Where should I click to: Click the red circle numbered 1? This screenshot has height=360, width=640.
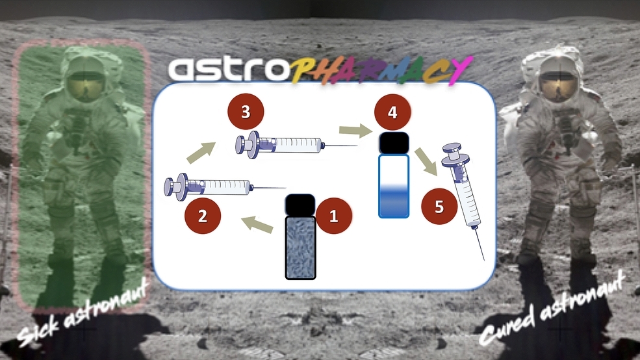[333, 216]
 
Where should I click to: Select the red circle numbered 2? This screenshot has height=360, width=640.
[203, 216]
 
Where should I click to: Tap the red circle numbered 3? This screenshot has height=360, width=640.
[246, 111]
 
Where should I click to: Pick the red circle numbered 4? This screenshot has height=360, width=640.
[392, 112]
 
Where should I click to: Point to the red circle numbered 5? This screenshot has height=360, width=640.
[439, 206]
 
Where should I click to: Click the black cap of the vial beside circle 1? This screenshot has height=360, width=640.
[300, 205]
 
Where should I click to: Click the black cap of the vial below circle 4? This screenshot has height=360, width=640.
[394, 143]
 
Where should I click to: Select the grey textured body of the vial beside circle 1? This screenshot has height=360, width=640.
[300, 248]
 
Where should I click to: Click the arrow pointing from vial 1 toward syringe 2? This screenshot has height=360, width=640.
[257, 225]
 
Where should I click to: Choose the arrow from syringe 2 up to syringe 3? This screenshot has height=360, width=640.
[201, 152]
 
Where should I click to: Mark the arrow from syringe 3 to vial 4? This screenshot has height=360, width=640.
[355, 131]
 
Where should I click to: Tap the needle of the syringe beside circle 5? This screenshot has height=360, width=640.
[480, 244]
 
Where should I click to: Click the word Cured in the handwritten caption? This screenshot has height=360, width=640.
[506, 326]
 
